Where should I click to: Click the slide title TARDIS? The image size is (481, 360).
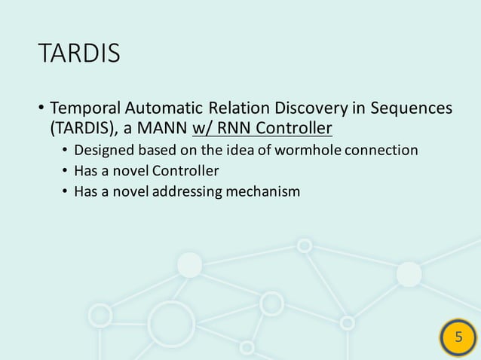point(78,54)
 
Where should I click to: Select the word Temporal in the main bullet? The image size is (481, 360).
point(83,108)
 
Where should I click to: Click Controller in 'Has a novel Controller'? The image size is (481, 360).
point(185,171)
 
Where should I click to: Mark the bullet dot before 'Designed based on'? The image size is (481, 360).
point(65,150)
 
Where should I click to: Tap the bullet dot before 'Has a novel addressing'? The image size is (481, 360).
point(65,192)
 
